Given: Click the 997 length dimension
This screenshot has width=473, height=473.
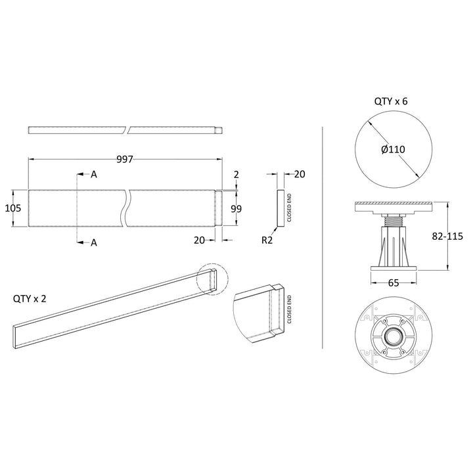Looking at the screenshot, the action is (125, 159).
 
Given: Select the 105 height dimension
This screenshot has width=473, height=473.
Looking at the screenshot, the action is (13, 208).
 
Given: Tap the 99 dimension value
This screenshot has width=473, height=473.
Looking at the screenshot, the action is (236, 209).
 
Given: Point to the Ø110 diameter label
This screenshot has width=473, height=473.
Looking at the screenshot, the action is (393, 149).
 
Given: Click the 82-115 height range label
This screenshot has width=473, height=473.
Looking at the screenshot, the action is (447, 236).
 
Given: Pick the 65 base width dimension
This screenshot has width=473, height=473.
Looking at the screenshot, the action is (394, 282).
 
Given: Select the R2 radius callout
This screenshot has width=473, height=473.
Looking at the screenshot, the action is (267, 240).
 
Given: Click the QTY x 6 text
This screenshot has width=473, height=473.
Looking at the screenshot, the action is (391, 101).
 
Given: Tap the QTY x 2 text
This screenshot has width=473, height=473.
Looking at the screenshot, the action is (30, 299).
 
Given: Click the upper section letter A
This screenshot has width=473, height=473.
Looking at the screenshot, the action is (94, 174).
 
